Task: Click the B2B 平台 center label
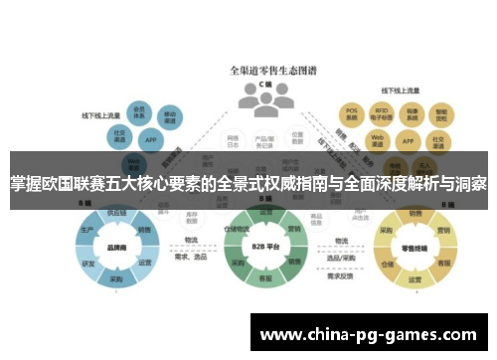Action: (x=261, y=247)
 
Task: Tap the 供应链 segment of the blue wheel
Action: (x=115, y=212)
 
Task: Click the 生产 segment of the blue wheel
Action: (x=85, y=229)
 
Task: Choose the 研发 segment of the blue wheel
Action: (x=87, y=263)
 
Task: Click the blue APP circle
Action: (x=150, y=140)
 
